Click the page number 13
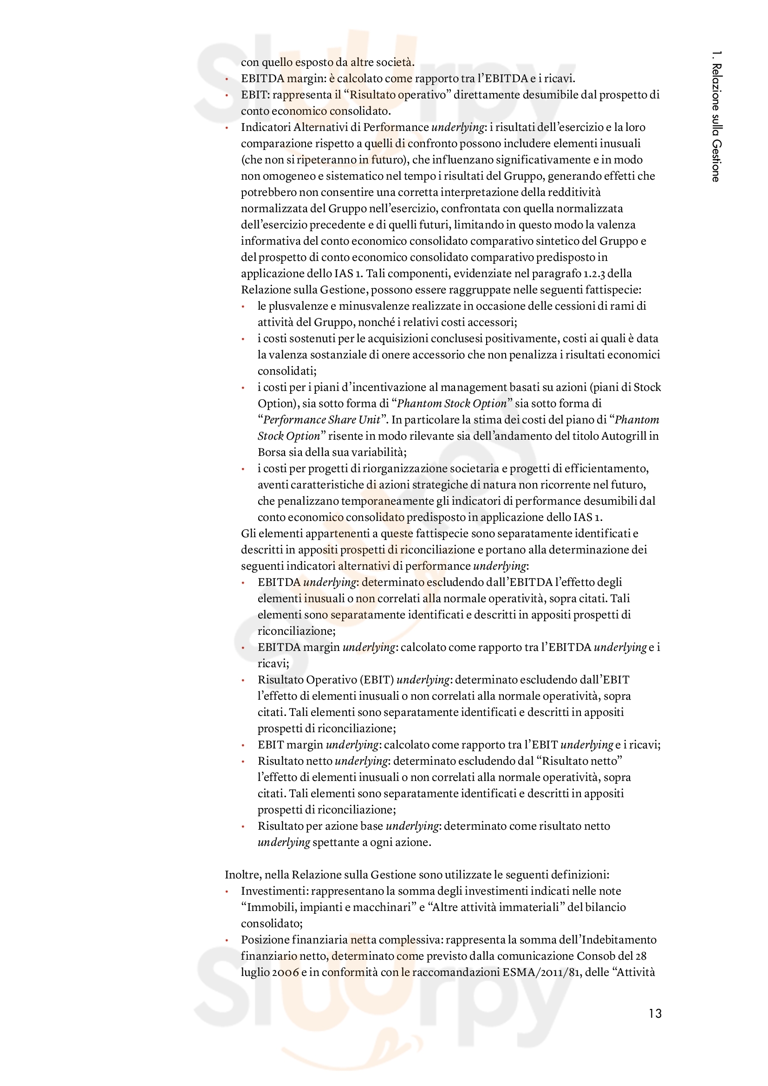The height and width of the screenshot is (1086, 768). point(655,1013)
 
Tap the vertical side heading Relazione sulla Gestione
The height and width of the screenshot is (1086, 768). point(716,116)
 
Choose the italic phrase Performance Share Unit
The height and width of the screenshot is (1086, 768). point(322,420)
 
